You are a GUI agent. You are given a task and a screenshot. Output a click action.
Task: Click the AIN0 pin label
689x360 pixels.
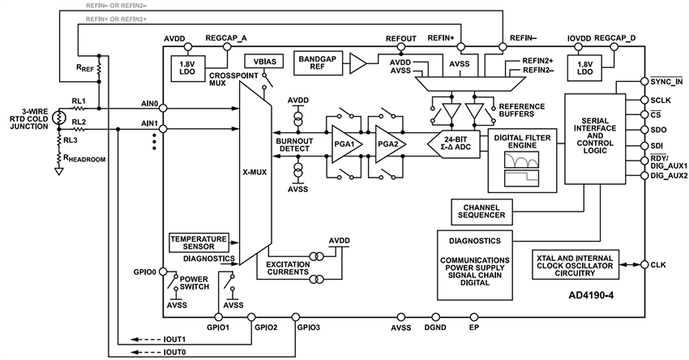(x=149, y=104)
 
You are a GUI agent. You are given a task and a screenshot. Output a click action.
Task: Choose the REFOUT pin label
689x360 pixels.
(x=401, y=37)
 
